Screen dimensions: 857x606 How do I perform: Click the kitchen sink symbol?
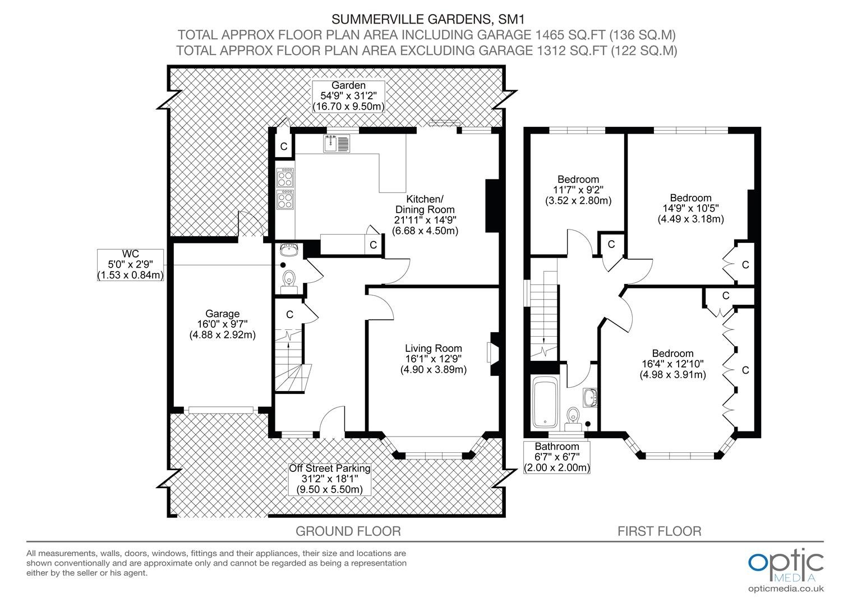[x=337, y=144]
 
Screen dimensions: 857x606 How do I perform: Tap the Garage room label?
[x=222, y=324]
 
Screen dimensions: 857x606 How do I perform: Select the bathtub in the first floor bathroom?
[x=545, y=403]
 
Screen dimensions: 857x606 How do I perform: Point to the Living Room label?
[x=434, y=359]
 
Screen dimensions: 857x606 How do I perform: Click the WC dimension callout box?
[x=131, y=264]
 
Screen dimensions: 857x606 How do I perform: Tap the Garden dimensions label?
[x=348, y=96]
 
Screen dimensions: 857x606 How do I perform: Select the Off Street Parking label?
[x=329, y=479]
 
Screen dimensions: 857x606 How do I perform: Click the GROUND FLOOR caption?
[x=348, y=531]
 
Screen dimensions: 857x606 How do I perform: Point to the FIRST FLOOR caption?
[x=659, y=531]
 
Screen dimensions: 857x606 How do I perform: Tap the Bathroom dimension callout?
[x=557, y=457]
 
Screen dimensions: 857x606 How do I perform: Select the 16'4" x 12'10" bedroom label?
[x=672, y=364]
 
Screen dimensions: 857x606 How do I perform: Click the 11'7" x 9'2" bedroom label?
[x=578, y=190]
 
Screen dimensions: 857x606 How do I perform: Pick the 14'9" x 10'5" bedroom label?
[x=690, y=208]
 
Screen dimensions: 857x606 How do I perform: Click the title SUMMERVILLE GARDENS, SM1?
[x=428, y=19]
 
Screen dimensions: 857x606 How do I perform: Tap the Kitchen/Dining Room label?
[x=425, y=215]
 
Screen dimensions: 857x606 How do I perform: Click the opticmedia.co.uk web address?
[x=786, y=589]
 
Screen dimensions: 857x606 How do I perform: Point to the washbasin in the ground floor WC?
[x=288, y=250]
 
